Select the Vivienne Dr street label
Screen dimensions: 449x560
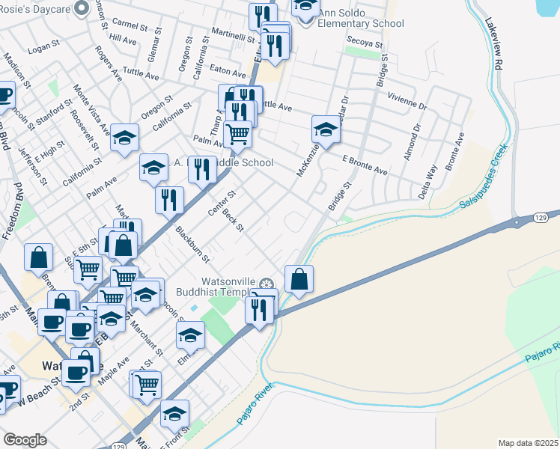coord(407,102)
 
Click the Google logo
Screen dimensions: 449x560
coord(25,440)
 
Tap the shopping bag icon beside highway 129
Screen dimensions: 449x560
coord(299,280)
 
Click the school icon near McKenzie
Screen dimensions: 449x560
coord(326,129)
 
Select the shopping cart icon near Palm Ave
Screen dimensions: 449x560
coord(237,135)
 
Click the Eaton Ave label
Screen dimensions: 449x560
coord(228,74)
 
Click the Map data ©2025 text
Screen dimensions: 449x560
coord(529,443)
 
